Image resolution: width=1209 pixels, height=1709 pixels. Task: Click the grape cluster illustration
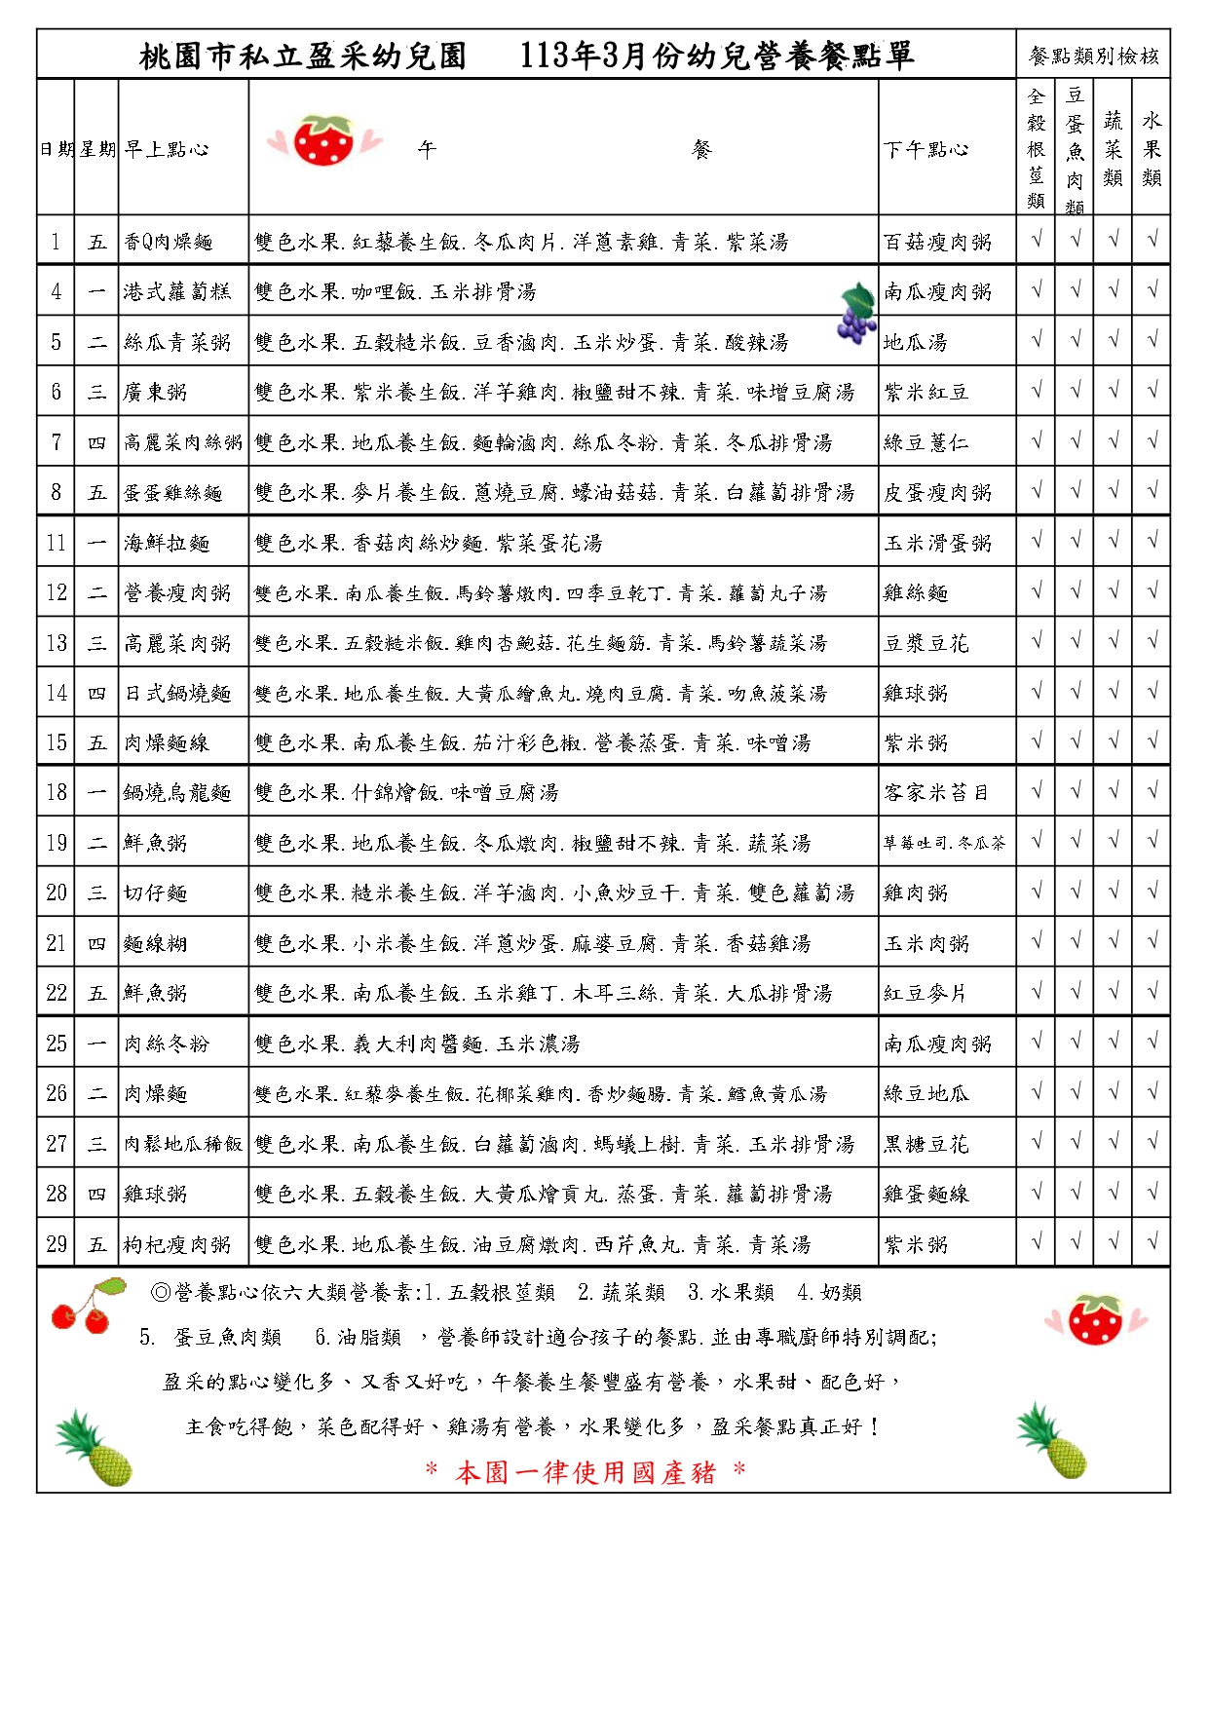(856, 314)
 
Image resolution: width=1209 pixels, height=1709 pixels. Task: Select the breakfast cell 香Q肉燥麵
(169, 242)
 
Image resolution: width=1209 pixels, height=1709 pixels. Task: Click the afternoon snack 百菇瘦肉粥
(937, 242)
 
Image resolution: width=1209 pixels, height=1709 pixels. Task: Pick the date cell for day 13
(57, 643)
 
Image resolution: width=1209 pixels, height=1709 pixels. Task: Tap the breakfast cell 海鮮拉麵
(167, 543)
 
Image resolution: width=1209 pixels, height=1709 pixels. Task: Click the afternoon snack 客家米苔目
(936, 793)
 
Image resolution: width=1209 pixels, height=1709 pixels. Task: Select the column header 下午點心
(926, 149)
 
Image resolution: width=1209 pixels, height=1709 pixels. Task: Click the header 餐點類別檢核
(1093, 56)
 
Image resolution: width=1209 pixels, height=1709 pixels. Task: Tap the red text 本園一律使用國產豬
(586, 1472)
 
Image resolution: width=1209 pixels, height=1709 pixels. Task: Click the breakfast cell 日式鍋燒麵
(177, 693)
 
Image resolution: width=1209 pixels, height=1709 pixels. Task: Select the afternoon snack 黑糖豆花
(926, 1144)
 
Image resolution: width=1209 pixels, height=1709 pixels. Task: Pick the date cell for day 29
(57, 1244)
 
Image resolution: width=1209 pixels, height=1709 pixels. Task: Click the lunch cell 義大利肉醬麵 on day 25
(417, 1044)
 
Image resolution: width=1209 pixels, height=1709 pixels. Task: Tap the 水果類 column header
(1152, 148)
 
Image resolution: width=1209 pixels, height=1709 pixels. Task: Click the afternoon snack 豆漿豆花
(926, 643)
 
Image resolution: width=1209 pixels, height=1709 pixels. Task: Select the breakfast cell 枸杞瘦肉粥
(177, 1244)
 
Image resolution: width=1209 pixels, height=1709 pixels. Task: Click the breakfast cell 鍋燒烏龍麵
(177, 793)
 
